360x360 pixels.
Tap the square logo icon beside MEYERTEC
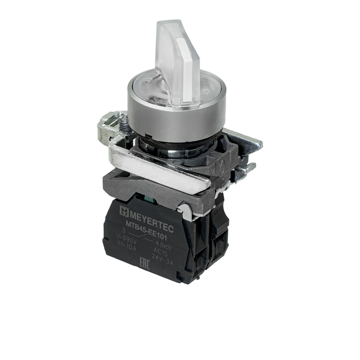point(123,210)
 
